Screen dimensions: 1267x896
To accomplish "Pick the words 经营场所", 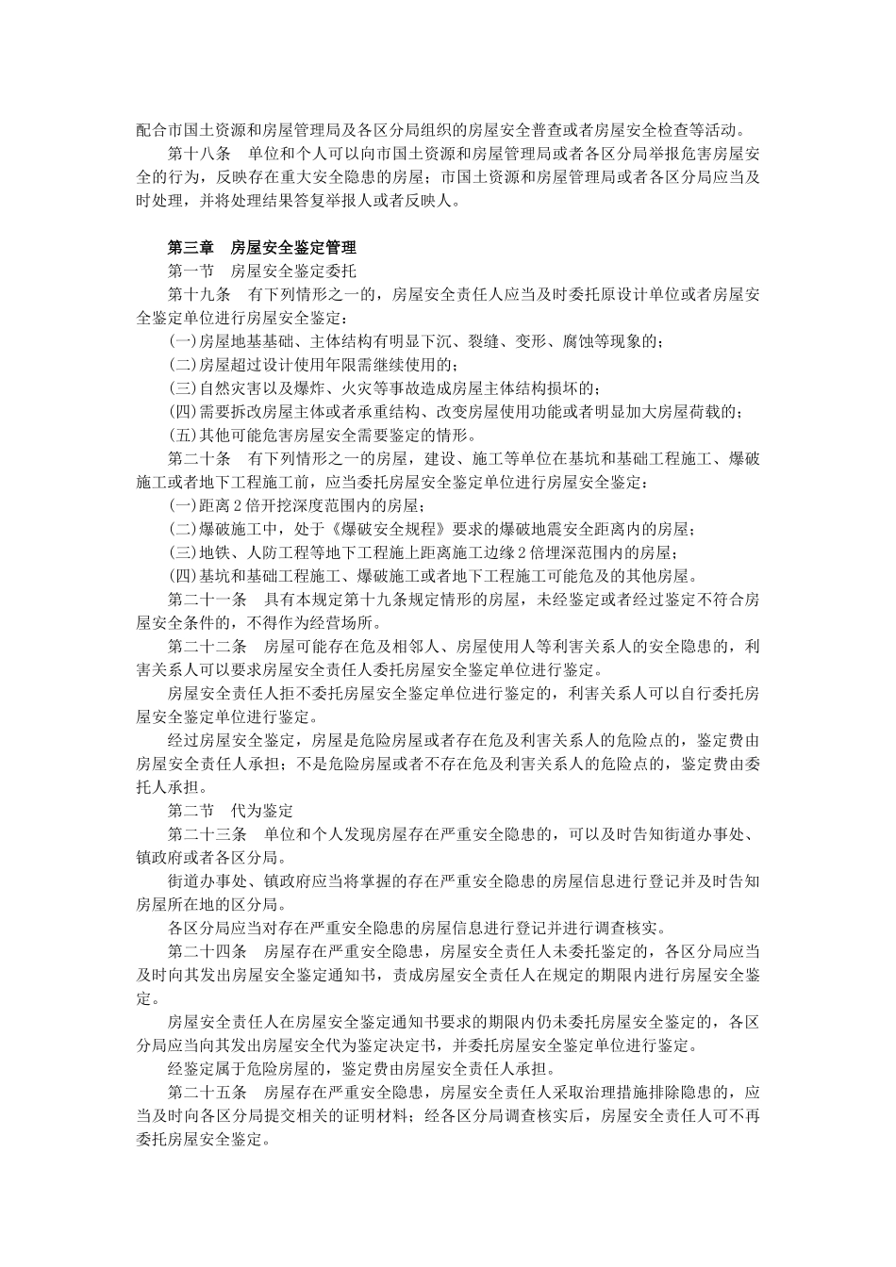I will click(340, 623).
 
